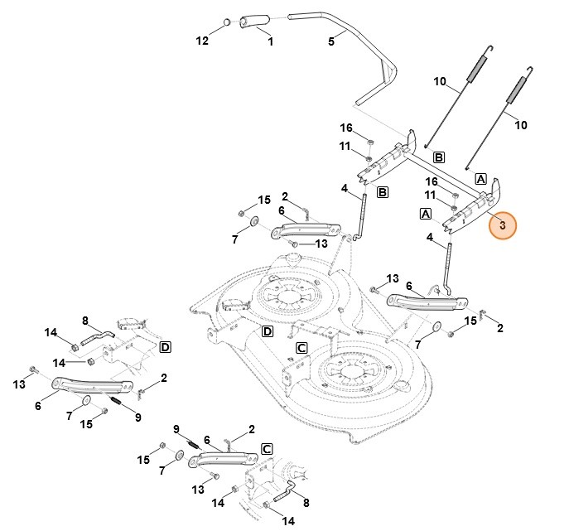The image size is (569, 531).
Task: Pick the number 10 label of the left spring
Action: click(x=440, y=81)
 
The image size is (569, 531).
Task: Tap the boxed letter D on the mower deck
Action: click(x=268, y=332)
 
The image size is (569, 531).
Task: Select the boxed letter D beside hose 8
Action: click(x=165, y=346)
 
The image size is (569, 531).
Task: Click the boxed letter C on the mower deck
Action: click(x=301, y=347)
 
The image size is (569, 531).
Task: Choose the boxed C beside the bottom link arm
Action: click(x=266, y=448)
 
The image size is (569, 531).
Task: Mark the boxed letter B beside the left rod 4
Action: click(x=383, y=192)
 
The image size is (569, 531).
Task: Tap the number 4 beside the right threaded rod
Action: click(x=430, y=238)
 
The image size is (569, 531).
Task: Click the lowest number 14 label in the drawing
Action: click(x=289, y=520)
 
